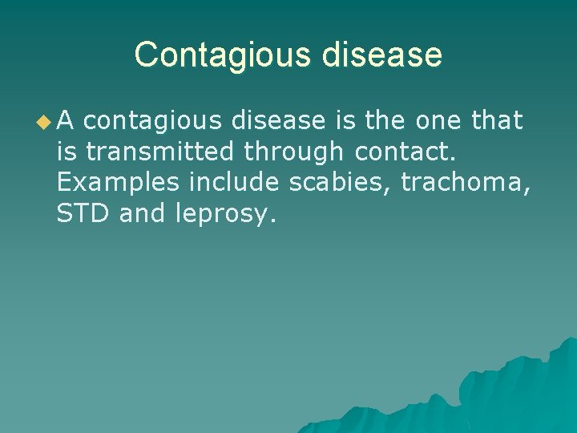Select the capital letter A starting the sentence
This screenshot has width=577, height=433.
point(67,121)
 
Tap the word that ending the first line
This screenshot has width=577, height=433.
point(498,121)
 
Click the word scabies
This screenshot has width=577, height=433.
point(340,182)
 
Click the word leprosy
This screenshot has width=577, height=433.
point(224,214)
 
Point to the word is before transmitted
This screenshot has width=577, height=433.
point(67,152)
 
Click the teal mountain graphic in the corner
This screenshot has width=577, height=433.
point(497,393)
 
